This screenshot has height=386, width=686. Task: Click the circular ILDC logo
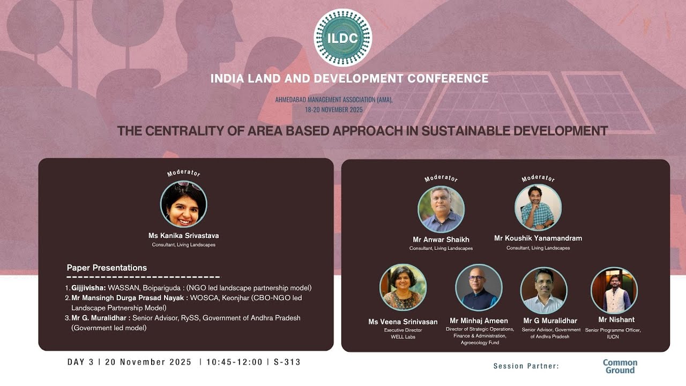(342, 38)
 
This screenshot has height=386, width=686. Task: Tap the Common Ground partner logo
(620, 366)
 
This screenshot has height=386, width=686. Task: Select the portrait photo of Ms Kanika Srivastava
(183, 204)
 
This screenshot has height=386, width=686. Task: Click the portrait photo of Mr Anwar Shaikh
(441, 209)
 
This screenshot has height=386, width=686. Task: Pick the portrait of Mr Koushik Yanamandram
(538, 207)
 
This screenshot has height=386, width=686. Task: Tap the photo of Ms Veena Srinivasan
(403, 287)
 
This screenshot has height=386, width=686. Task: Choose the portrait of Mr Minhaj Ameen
(479, 287)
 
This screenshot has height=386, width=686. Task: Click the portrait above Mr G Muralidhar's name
(543, 290)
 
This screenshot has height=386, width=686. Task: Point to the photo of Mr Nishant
(614, 290)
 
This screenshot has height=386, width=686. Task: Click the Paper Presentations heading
(107, 268)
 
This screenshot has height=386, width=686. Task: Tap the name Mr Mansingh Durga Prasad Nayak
(129, 298)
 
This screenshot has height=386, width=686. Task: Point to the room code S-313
(287, 362)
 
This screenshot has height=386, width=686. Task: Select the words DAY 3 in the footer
(80, 362)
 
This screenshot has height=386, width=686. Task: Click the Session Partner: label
(526, 366)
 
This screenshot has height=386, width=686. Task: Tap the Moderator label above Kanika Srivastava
(183, 173)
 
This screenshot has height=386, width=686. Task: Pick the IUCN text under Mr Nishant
(613, 337)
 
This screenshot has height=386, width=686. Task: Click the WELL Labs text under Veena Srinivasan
(403, 337)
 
